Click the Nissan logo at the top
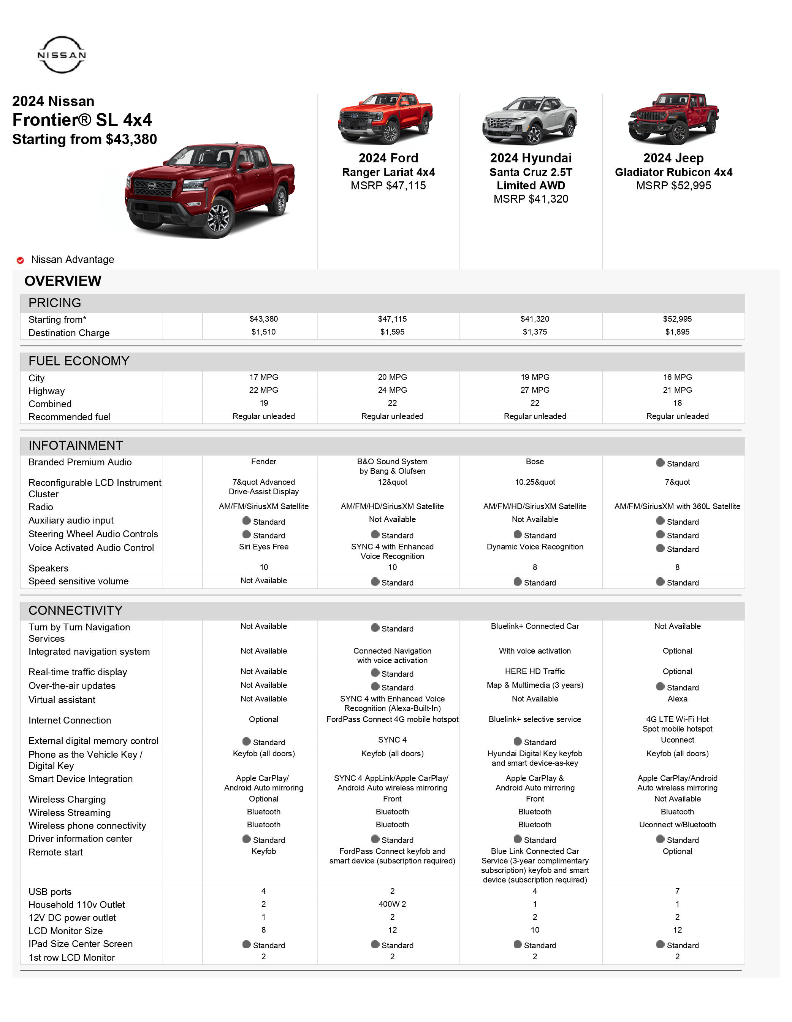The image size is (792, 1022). pos(61,55)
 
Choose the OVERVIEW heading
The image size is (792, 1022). pos(63,281)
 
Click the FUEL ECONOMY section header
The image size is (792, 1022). pos(79,361)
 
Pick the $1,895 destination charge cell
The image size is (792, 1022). pos(677,332)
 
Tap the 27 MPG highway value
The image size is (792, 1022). pos(534,390)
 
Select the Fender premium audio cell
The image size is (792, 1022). pos(263,462)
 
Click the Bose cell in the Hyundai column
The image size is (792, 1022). pos(534,462)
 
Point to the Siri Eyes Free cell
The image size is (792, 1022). pos(263,547)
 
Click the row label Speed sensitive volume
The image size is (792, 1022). pos(78,581)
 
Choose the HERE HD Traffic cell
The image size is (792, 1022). pos(534,671)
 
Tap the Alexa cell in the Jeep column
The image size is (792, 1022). pos(677,699)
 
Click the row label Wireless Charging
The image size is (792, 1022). pos(67,799)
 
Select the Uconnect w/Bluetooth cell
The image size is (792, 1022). pos(677,825)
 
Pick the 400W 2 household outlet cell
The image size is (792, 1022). pos(392,904)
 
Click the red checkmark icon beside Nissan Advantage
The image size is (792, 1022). pos(20,260)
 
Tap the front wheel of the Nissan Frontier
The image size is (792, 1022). pos(218,219)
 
